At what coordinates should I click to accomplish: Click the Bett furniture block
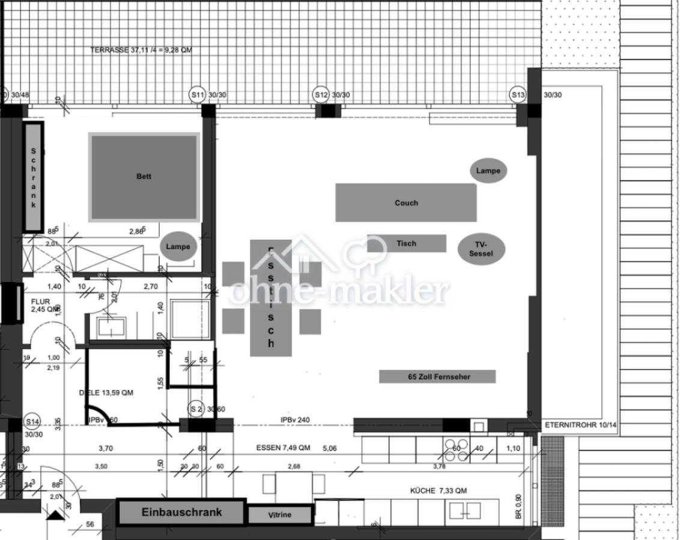point(144,176)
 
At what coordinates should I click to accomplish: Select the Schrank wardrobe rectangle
point(34,177)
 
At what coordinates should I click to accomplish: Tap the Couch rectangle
point(406,203)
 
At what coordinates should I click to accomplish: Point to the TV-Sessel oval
point(481,249)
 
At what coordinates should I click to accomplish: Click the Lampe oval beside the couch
point(488,171)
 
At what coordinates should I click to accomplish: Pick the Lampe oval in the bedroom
point(178,247)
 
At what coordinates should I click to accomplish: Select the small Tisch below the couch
point(407,244)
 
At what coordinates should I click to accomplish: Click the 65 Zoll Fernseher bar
point(437,377)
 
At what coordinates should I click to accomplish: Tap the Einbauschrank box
point(181,512)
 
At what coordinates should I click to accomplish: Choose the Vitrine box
point(280,515)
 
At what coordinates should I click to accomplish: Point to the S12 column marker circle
point(321,95)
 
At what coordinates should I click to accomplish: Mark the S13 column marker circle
point(518,95)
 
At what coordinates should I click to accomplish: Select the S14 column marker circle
point(32,422)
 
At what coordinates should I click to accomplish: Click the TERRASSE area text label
point(141,50)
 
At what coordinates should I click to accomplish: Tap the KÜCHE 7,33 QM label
point(439,491)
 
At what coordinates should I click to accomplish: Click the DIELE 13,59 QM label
point(106,393)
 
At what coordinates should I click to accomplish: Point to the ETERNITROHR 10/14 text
point(581,425)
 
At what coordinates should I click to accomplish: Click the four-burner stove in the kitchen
point(456,450)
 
